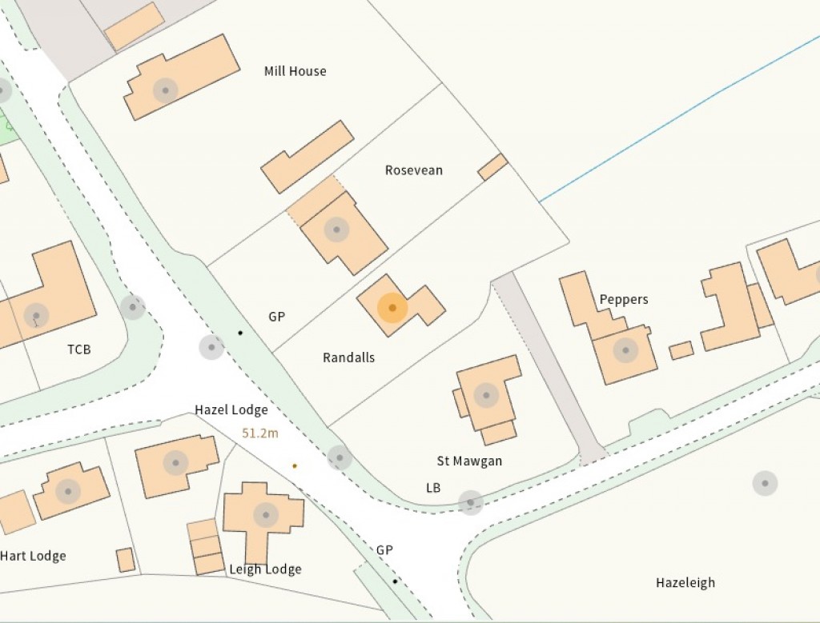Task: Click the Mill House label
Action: [295, 71]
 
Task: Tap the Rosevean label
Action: [413, 170]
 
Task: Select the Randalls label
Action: [348, 357]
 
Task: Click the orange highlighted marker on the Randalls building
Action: [392, 308]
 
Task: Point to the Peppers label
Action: [624, 299]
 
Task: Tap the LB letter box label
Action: [433, 488]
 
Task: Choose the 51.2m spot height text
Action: [260, 433]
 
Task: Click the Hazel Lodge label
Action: [231, 410]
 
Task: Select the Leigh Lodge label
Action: [265, 569]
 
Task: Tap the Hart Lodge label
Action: [33, 556]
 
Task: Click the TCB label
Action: [79, 349]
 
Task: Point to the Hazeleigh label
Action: [685, 582]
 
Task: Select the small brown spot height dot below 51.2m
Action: [295, 465]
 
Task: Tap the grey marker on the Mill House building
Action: [166, 90]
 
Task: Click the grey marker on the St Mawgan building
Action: [485, 394]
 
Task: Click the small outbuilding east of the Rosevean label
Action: [492, 167]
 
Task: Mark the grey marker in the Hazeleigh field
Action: [765, 483]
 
